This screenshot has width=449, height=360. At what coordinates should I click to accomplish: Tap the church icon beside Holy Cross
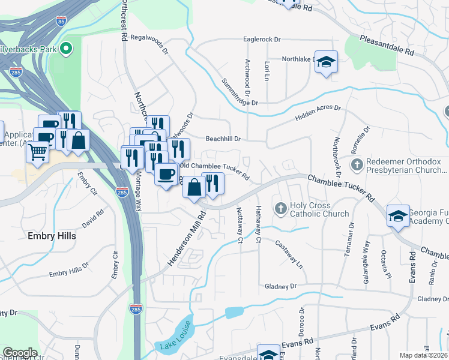click(x=280, y=209)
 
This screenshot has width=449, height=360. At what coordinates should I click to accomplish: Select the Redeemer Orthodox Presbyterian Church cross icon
click(x=357, y=164)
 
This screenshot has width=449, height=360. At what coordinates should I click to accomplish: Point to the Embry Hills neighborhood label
click(x=52, y=236)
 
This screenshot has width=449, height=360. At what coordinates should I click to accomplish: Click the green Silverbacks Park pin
click(x=67, y=47)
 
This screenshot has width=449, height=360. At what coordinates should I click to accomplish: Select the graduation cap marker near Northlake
click(x=326, y=62)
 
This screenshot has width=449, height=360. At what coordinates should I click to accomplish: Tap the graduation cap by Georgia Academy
click(x=399, y=216)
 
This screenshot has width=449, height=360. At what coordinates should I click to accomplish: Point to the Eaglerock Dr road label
click(x=262, y=40)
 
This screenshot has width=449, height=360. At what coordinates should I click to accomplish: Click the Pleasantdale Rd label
click(x=387, y=46)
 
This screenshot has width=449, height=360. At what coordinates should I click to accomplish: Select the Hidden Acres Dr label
click(x=318, y=114)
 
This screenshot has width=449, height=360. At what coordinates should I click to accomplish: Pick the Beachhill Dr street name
click(x=223, y=139)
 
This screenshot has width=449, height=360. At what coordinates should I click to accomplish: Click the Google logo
click(x=20, y=353)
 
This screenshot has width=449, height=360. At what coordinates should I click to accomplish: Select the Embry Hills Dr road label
click(x=69, y=269)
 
